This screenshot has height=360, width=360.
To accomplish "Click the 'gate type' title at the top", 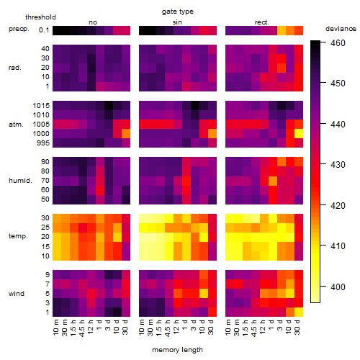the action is click(x=178, y=12).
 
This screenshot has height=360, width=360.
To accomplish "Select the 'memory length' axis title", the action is click(x=178, y=350).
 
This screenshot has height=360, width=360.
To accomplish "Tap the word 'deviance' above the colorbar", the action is click(x=341, y=29).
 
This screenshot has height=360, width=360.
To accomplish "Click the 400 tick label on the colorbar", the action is click(x=338, y=287).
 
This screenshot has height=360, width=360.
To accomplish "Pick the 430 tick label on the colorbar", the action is click(x=338, y=165).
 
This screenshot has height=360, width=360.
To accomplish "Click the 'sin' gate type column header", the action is click(x=177, y=22).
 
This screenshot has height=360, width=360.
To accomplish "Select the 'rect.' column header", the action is click(x=262, y=22).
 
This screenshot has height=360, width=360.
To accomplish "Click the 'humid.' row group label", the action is click(x=20, y=181).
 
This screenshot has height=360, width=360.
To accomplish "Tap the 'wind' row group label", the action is click(x=17, y=294).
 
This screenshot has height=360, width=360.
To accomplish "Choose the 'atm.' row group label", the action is click(x=16, y=125).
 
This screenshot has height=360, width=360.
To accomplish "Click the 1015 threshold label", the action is click(x=41, y=105).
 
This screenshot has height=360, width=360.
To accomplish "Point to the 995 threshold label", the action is click(x=43, y=143).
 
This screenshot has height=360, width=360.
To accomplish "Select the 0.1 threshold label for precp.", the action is click(x=44, y=30).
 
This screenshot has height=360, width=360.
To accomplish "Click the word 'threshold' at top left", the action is click(x=40, y=17).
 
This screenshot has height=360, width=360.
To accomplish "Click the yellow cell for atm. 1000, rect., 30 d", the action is click(x=299, y=134).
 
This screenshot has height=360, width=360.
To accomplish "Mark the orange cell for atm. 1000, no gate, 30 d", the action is click(x=126, y=134).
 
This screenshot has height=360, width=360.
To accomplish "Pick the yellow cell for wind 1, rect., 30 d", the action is click(x=299, y=312).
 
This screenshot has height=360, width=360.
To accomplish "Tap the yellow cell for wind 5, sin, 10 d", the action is click(x=204, y=293).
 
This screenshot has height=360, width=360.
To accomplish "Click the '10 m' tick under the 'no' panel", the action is click(x=56, y=328).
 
